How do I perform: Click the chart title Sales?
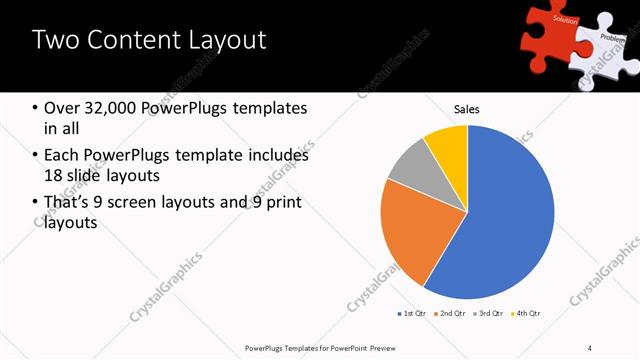tap(467, 108)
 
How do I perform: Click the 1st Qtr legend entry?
tap(412, 314)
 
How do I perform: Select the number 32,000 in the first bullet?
tap(112, 108)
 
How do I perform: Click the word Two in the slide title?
tap(52, 40)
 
